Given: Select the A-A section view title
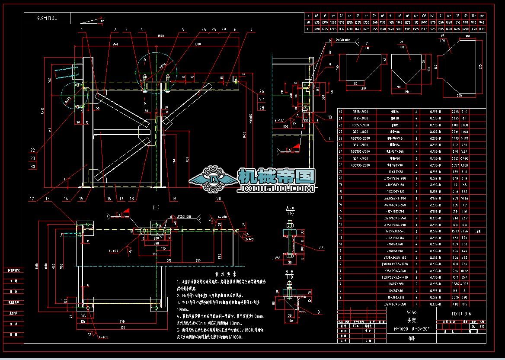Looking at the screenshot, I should coord(290,208).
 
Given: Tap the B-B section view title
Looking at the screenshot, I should coord(290,271).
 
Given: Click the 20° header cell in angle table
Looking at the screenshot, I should coord(482,15).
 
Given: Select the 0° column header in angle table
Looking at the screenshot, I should coord(316,15).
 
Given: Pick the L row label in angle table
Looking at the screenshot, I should coord(308,29).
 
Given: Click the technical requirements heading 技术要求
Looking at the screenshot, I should coord(225,274).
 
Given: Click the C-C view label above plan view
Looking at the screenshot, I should coord(155,208).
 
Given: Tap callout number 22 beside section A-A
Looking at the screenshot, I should coord(320,247).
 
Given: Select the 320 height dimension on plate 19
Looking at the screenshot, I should coord(480,67).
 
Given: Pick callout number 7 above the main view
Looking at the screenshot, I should coord(251,29).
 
